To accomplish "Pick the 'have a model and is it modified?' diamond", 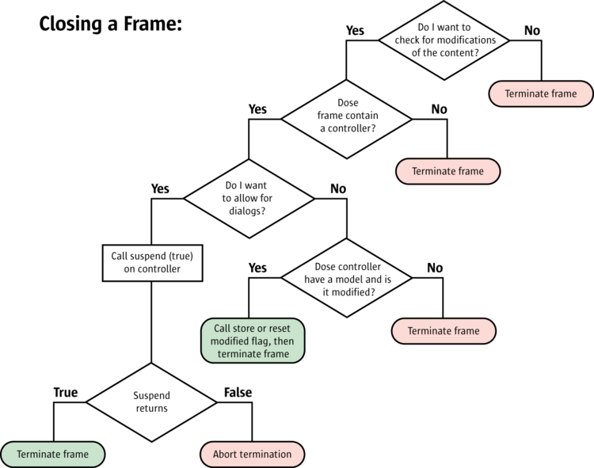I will click(346, 279).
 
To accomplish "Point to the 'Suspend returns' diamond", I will click(151, 402).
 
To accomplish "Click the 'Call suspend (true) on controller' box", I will click(150, 262).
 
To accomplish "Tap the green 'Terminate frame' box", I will click(52, 455).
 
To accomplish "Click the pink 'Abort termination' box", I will click(252, 455).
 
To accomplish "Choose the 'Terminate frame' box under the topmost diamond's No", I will click(541, 93).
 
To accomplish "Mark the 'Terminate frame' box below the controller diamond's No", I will click(447, 171).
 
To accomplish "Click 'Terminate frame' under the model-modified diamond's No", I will click(444, 331).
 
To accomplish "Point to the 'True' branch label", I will click(65, 393).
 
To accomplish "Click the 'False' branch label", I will click(238, 393).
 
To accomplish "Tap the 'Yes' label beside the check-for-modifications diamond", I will click(356, 30).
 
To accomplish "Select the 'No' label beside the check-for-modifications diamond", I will click(532, 30).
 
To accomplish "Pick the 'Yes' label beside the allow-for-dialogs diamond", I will click(160, 188).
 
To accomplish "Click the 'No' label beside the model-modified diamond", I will click(435, 268).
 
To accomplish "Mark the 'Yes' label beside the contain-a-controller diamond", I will click(257, 108).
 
